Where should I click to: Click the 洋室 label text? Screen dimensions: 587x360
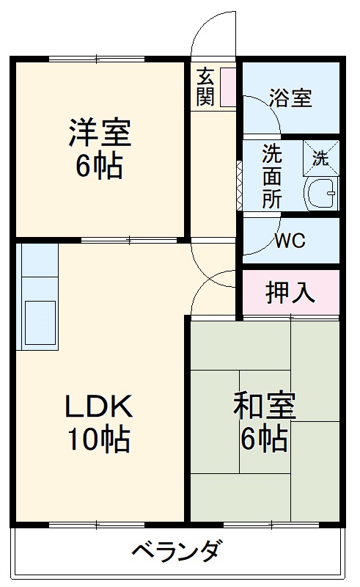pyautogui.click(x=100, y=134)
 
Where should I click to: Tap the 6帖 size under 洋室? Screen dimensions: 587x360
pyautogui.click(x=100, y=168)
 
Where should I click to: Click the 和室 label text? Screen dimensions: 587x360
pyautogui.click(x=265, y=405)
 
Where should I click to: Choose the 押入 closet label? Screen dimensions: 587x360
pyautogui.click(x=290, y=292)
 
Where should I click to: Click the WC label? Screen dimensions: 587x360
pyautogui.click(x=290, y=241)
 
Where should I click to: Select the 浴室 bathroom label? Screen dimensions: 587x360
pyautogui.click(x=290, y=98)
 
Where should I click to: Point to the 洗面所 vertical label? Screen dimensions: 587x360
pyautogui.click(x=271, y=177)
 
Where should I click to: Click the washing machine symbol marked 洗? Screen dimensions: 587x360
pyautogui.click(x=321, y=156)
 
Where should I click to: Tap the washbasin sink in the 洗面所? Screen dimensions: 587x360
pyautogui.click(x=321, y=192)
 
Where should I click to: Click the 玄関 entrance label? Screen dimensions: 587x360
pyautogui.click(x=205, y=86)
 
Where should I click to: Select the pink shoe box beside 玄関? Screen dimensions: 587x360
pyautogui.click(x=227, y=87)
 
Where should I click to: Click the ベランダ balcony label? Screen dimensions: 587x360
pyautogui.click(x=177, y=550)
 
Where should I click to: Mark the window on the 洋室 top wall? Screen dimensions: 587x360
pyautogui.click(x=97, y=58)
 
